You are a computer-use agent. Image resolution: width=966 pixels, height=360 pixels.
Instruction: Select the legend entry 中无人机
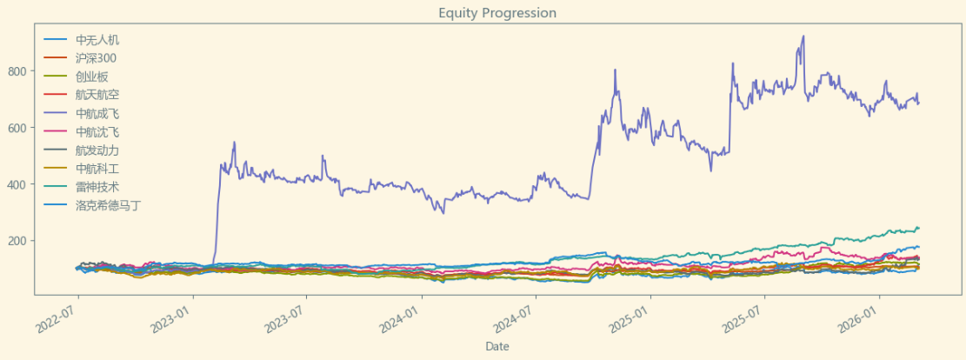97,40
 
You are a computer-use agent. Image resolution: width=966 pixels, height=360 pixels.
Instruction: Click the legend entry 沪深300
96,58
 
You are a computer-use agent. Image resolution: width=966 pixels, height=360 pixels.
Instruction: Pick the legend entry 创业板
91,77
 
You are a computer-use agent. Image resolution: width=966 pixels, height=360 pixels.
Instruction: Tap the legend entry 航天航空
97,95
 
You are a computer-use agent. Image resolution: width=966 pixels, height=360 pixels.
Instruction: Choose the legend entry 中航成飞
97,113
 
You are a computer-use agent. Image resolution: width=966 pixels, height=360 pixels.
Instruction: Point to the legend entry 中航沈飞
97,132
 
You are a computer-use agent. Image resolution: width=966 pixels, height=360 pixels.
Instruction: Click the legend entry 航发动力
97,150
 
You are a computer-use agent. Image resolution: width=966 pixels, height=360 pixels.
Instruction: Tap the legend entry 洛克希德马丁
108,205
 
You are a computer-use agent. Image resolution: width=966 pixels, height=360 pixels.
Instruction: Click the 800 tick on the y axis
22,70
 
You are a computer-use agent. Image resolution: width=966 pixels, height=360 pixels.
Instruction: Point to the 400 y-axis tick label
22,184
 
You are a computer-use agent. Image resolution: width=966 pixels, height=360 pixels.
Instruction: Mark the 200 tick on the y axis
22,241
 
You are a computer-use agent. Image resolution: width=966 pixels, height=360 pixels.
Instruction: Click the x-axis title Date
496,346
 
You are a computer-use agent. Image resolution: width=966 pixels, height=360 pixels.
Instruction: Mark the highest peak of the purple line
803,37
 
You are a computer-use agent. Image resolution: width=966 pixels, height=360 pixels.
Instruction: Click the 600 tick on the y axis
22,128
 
